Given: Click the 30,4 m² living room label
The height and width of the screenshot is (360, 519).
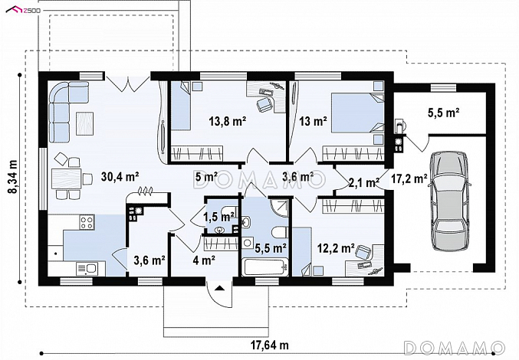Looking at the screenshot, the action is pyautogui.click(x=120, y=177).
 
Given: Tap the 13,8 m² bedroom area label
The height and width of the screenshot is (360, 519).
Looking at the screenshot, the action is pyautogui.click(x=227, y=121).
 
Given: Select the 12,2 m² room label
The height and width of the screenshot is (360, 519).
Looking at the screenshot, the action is pyautogui.click(x=336, y=247).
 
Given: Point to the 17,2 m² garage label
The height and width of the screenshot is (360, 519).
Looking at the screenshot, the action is pyautogui.click(x=409, y=178).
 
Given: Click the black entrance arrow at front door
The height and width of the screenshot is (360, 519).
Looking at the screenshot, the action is pyautogui.click(x=219, y=288).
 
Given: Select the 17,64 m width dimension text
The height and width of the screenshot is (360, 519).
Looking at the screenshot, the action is pyautogui.click(x=269, y=345).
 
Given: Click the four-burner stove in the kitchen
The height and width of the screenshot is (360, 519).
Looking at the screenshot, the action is pyautogui.click(x=87, y=222).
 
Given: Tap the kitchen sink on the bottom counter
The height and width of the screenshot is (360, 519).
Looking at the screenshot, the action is pyautogui.click(x=87, y=269).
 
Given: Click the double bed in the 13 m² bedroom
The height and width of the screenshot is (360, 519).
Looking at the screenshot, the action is pyautogui.click(x=357, y=113).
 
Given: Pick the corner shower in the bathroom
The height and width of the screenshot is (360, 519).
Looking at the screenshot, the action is pyautogui.click(x=280, y=208).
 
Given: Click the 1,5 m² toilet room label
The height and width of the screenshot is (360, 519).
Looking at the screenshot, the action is pyautogui.click(x=219, y=218).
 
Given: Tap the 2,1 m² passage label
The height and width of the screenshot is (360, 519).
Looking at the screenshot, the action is pyautogui.click(x=364, y=182).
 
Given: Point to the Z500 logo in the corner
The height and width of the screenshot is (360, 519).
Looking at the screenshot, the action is pyautogui.click(x=23, y=10).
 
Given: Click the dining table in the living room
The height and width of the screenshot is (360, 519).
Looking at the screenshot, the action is pyautogui.click(x=66, y=178).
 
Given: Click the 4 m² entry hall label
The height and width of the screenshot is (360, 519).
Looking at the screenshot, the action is pyautogui.click(x=204, y=260).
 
